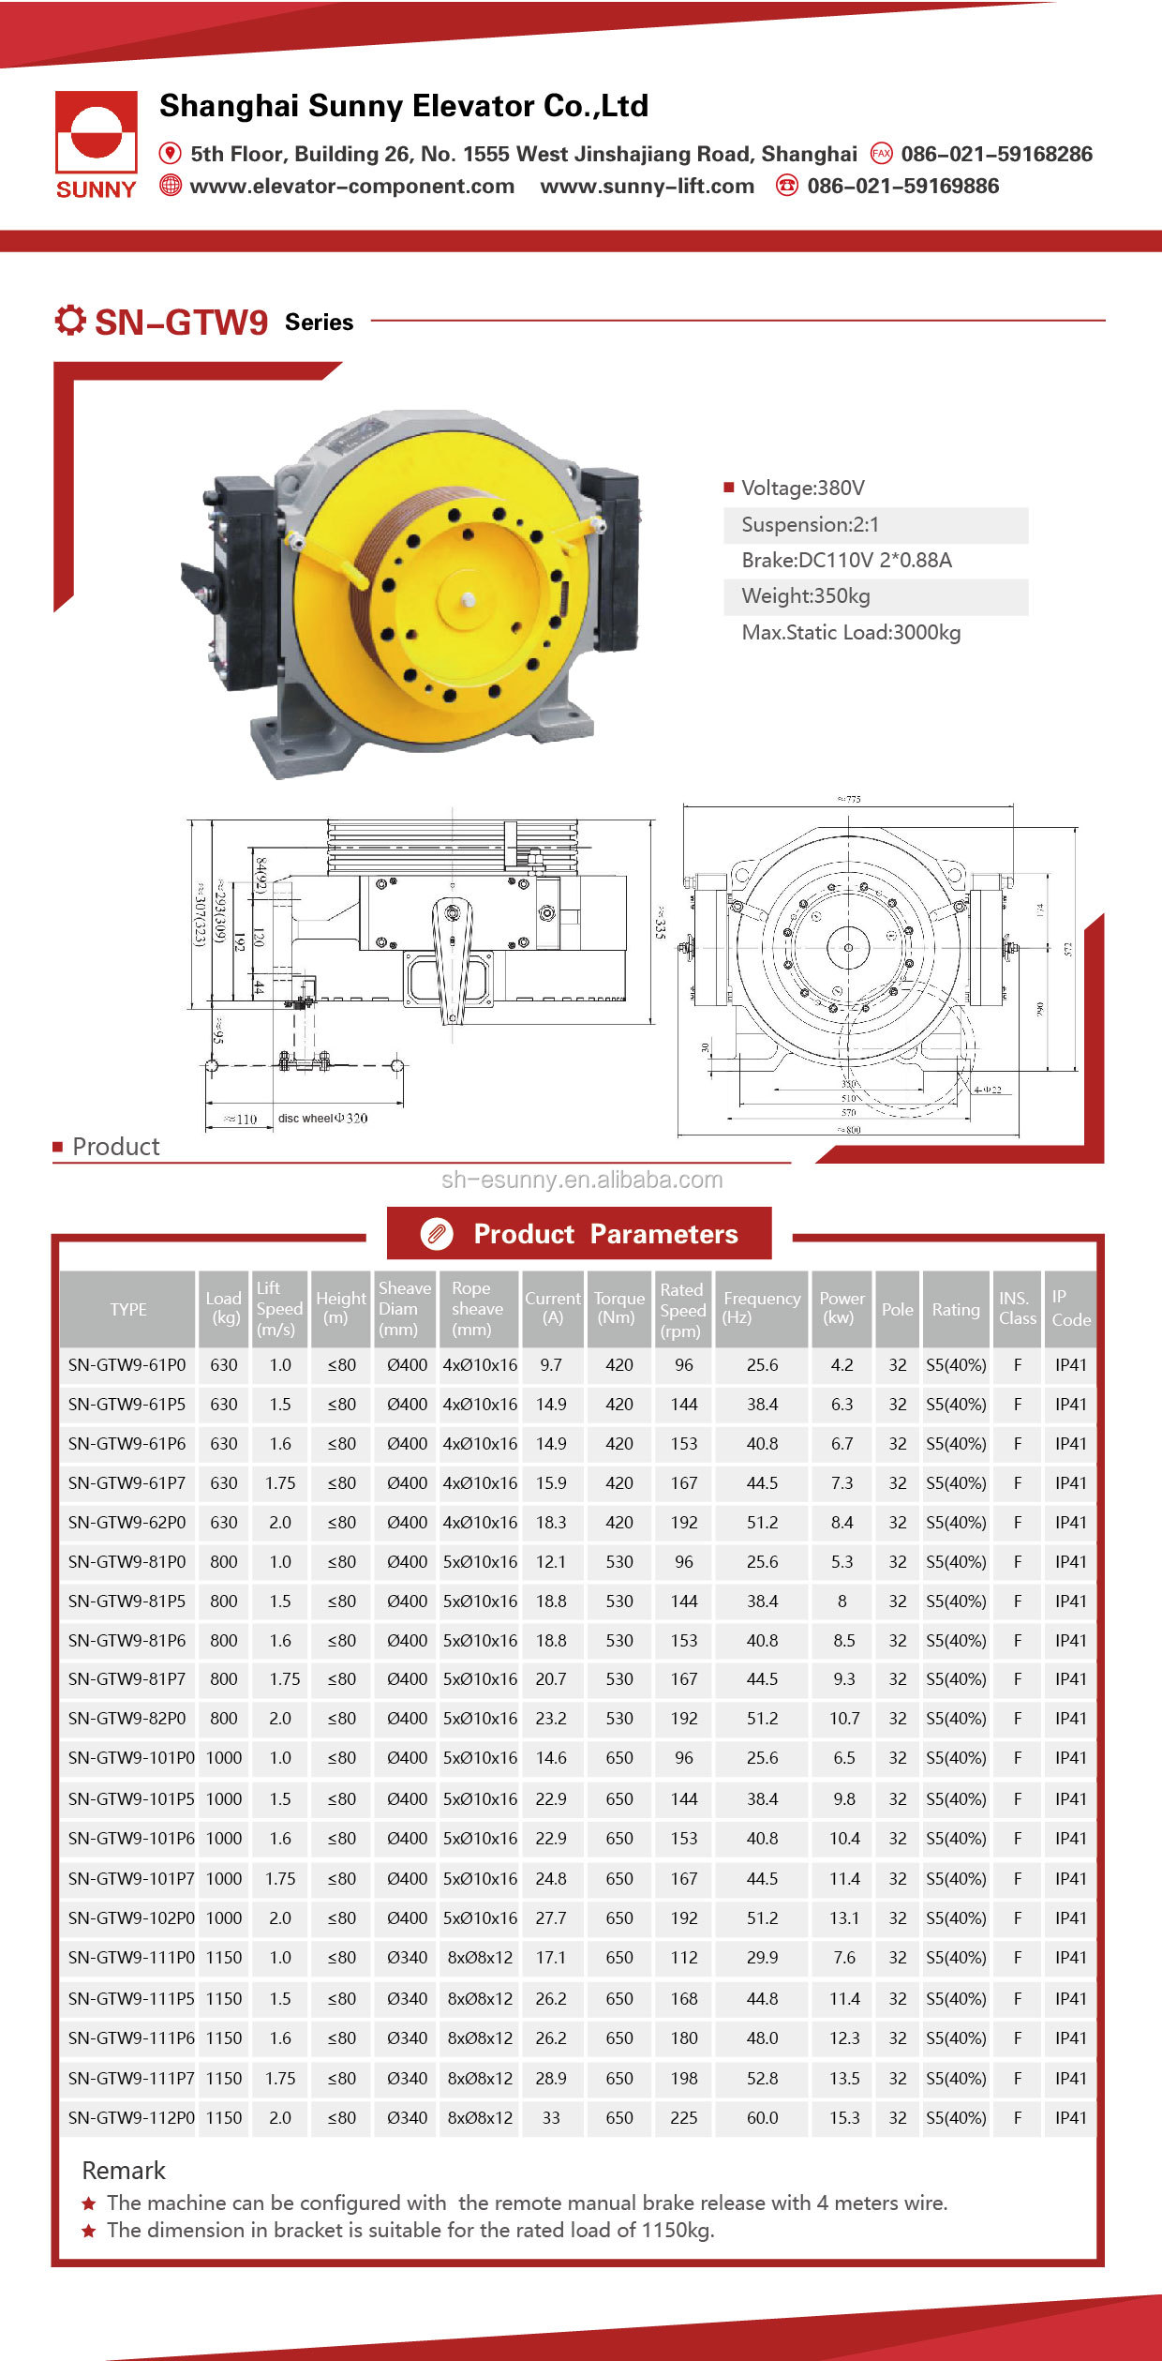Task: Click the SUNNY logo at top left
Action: coord(96,143)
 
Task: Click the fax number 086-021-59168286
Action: coord(996,154)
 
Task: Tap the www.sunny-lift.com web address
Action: coord(647,186)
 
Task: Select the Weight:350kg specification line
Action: coord(806,596)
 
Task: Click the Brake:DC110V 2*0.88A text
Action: coord(846,561)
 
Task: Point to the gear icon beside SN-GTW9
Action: coord(70,321)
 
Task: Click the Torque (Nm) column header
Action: coord(618,1308)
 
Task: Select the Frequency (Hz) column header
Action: coord(761,1308)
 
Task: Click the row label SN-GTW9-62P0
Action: coord(127,1523)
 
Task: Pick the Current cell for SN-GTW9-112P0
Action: coord(551,2117)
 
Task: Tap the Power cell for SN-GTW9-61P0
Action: coord(842,1365)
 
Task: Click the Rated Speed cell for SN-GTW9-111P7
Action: coord(683,2078)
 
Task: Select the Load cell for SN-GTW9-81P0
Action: coord(223,1562)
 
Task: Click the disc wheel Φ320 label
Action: coord(322,1118)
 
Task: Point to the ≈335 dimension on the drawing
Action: coord(661,923)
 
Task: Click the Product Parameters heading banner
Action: coord(580,1234)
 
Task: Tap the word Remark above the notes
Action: coord(123,2171)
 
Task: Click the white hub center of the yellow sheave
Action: coord(469,599)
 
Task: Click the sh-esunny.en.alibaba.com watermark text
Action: coord(582,1180)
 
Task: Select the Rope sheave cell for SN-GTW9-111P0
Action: coord(480,1958)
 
